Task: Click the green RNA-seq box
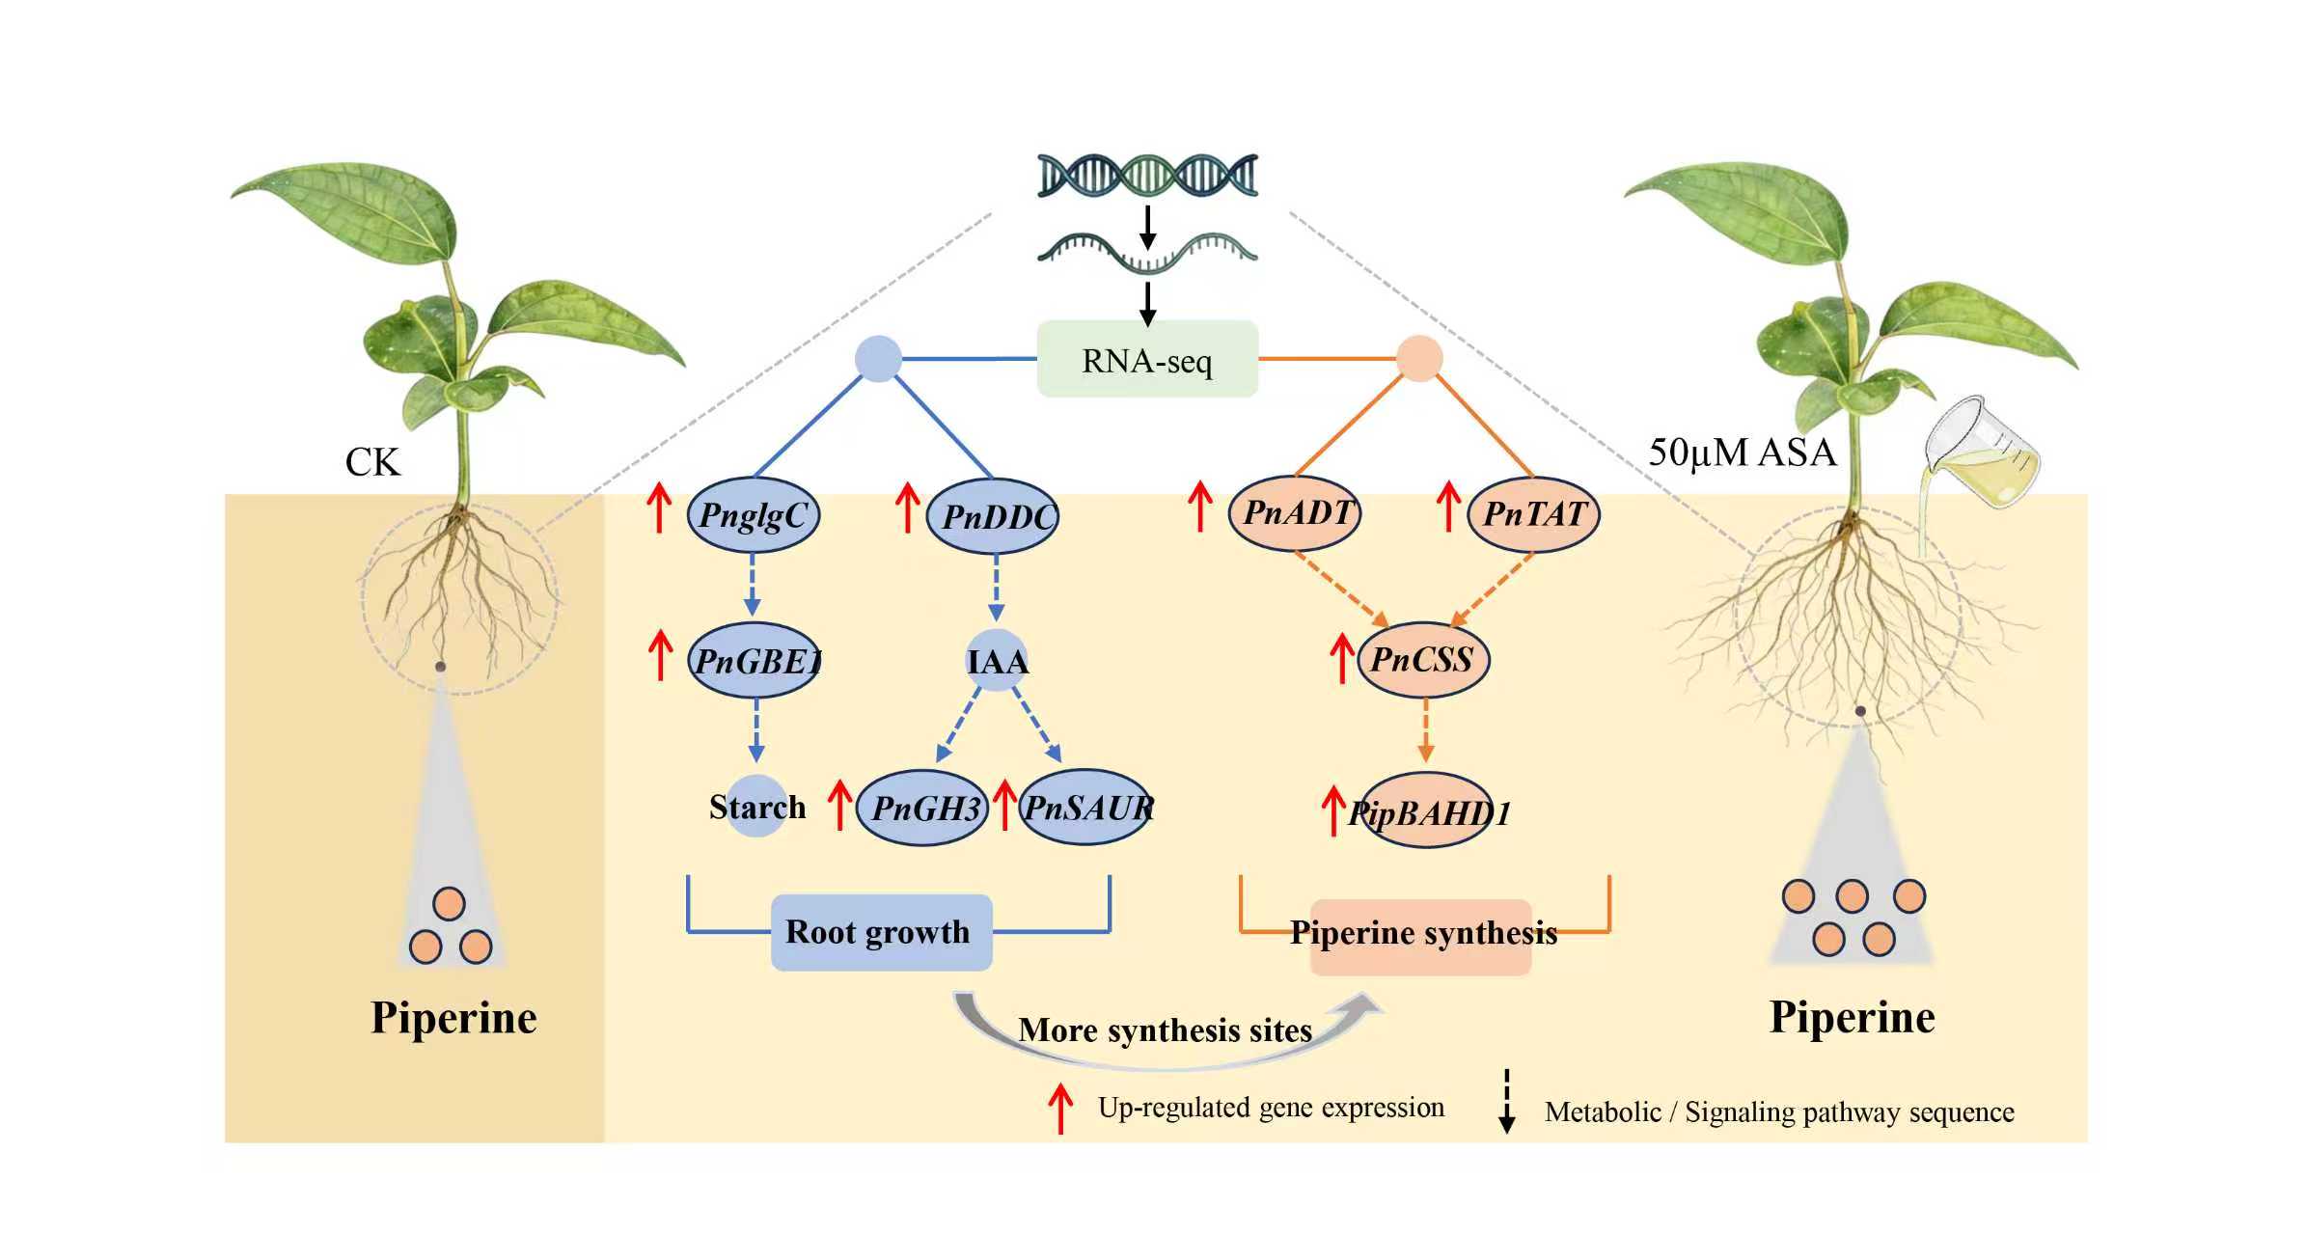click(x=1146, y=359)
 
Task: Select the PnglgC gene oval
click(x=753, y=515)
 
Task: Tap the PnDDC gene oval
click(x=993, y=516)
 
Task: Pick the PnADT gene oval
click(x=1294, y=513)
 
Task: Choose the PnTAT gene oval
click(x=1533, y=514)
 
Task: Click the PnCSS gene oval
click(x=1422, y=660)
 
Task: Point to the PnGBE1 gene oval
click(x=755, y=661)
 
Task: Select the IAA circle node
click(x=997, y=661)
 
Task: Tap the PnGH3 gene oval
click(x=923, y=808)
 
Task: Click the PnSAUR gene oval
click(x=1085, y=808)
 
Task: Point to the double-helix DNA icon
click(x=1147, y=176)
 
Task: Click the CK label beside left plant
click(x=371, y=462)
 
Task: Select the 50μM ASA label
click(x=1742, y=453)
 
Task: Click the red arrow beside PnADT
click(x=1199, y=507)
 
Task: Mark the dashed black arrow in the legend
click(x=1506, y=1101)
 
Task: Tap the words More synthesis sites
click(x=1165, y=1030)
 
